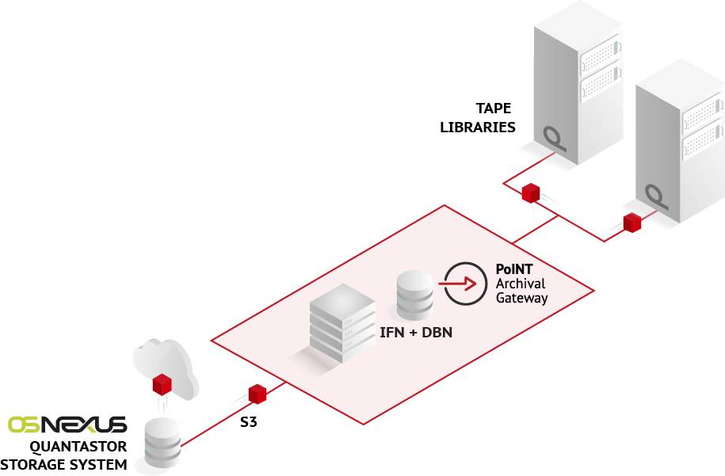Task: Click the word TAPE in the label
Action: pyautogui.click(x=494, y=109)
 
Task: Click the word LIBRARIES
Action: pyautogui.click(x=478, y=127)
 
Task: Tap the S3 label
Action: pyautogui.click(x=248, y=422)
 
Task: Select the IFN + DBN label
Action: pyautogui.click(x=416, y=333)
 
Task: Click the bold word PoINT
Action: pyautogui.click(x=513, y=269)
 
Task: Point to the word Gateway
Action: pyautogui.click(x=521, y=298)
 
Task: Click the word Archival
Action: pyautogui.click(x=521, y=284)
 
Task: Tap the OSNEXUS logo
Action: pyautogui.click(x=67, y=425)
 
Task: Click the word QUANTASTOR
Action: pyautogui.click(x=78, y=447)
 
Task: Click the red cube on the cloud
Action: pyautogui.click(x=162, y=384)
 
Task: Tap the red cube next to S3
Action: pyautogui.click(x=258, y=394)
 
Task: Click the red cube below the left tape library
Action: pyautogui.click(x=531, y=192)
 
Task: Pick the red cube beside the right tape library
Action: pyautogui.click(x=632, y=223)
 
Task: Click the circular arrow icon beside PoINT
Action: pyautogui.click(x=465, y=284)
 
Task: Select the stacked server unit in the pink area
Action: pyautogui.click(x=342, y=323)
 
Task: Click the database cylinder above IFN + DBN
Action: pyautogui.click(x=414, y=295)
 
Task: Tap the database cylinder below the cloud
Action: pyautogui.click(x=162, y=442)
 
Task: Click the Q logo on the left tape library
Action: pyautogui.click(x=555, y=139)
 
